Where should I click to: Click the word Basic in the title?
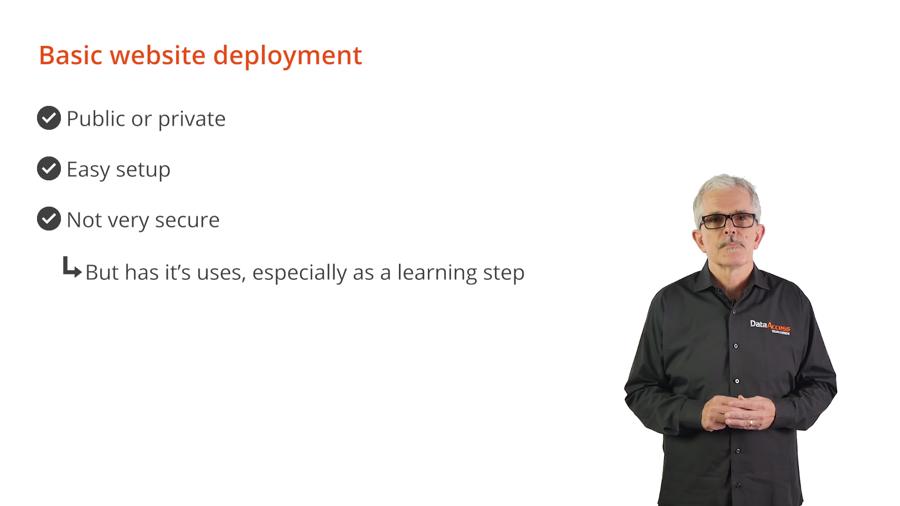coord(71,55)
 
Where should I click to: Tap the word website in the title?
coord(157,55)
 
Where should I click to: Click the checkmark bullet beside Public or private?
coord(49,118)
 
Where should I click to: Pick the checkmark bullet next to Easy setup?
coord(49,168)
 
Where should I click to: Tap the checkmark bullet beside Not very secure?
coord(49,218)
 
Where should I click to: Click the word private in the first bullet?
coord(192,119)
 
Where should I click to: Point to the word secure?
coord(187,220)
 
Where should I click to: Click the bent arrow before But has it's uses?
coord(72,268)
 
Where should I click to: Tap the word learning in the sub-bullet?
coord(437,273)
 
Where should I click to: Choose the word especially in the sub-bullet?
coord(300,273)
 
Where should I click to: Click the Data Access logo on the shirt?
coord(770,327)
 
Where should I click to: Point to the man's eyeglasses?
coord(728,221)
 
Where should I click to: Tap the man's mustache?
coord(730,243)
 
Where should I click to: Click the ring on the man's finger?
coord(751,423)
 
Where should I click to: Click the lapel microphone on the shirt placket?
coord(732,303)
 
